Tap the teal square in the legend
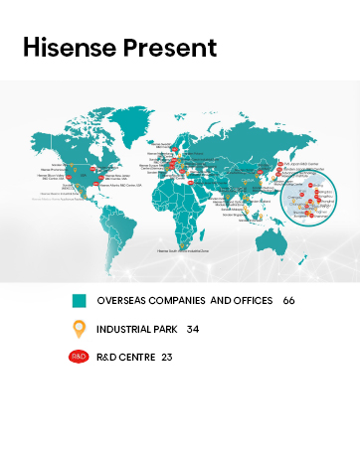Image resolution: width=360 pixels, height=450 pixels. tap(78, 300)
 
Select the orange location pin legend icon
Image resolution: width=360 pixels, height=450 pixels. tap(78, 329)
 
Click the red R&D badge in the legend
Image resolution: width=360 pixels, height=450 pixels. tap(78, 357)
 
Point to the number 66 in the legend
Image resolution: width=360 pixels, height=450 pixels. tap(289, 300)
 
